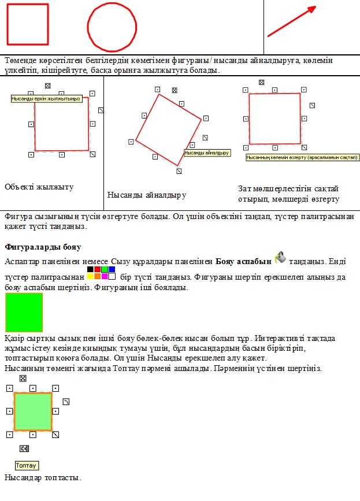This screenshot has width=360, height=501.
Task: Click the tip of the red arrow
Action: [x=315, y=8]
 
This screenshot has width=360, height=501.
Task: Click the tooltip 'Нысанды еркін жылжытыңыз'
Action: [x=46, y=99]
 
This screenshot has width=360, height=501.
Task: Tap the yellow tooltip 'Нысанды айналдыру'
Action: [x=207, y=153]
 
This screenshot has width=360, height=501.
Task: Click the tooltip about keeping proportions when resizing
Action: [x=302, y=157]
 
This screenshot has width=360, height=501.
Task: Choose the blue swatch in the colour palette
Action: [x=112, y=269]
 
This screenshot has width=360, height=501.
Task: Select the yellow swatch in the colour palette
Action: [x=90, y=276]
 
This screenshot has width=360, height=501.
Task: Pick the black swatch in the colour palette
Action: [x=90, y=269]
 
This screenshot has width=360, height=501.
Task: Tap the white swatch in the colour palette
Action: [x=112, y=276]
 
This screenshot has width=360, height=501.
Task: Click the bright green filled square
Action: [x=24, y=312]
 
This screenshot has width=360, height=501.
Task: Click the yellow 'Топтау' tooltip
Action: [x=27, y=465]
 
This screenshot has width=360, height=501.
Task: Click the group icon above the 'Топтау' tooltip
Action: [x=24, y=448]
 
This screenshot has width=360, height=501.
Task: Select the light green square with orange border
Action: [x=33, y=411]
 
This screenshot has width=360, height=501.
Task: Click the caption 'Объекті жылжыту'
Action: [x=39, y=187]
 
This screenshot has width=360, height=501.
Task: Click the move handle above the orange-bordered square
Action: [x=23, y=378]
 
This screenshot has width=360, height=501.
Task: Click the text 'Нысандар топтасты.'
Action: [x=42, y=478]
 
